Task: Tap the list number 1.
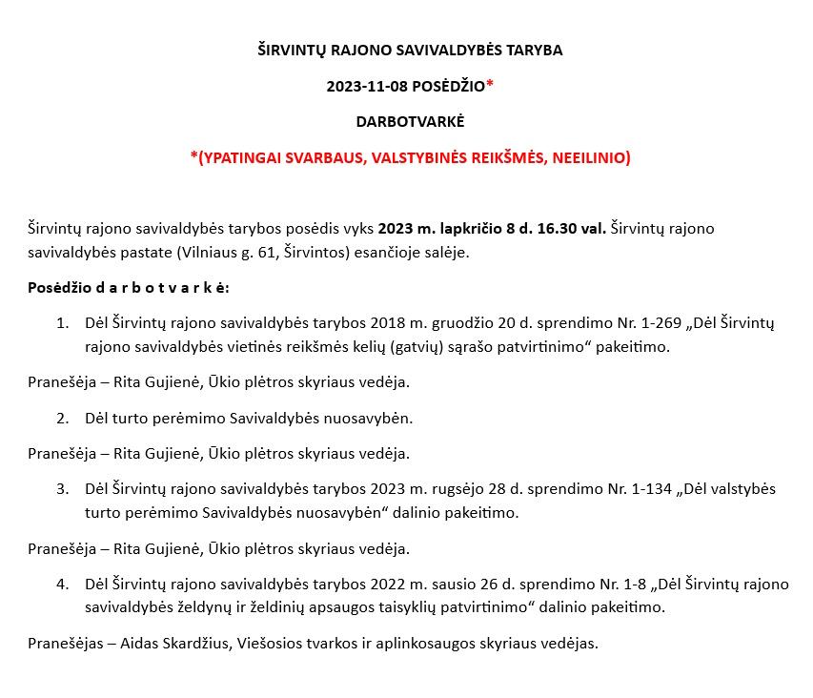(x=62, y=323)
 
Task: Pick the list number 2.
(x=62, y=418)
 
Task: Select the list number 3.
(x=62, y=489)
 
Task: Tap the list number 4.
(x=62, y=584)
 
